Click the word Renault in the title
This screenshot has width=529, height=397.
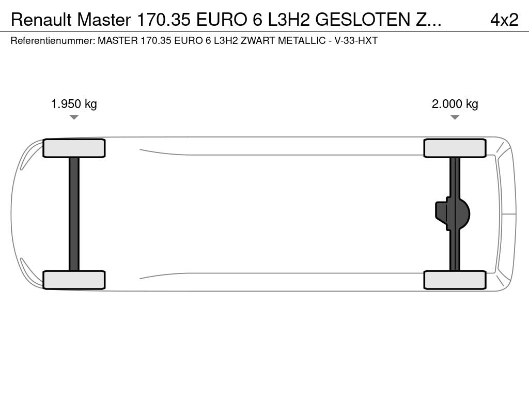pyautogui.click(x=41, y=20)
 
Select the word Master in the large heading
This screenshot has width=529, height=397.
pyautogui.click(x=104, y=20)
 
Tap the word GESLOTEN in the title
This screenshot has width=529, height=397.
pyautogui.click(x=363, y=20)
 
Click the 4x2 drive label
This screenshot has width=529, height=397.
pyautogui.click(x=504, y=20)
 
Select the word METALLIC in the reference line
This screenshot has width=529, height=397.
pyautogui.click(x=302, y=40)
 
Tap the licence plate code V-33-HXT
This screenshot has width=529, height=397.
pyautogui.click(x=356, y=40)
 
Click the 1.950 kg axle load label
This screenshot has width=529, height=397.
pyautogui.click(x=74, y=104)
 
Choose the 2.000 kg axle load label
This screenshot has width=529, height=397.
pyautogui.click(x=455, y=104)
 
